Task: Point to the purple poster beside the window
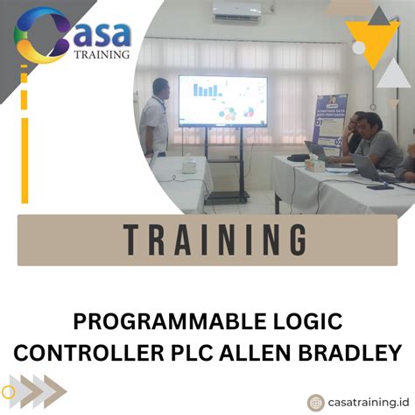click(x=331, y=117)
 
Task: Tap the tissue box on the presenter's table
click(x=187, y=164)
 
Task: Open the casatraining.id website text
click(x=368, y=401)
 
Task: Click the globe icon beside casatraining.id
click(x=315, y=401)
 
